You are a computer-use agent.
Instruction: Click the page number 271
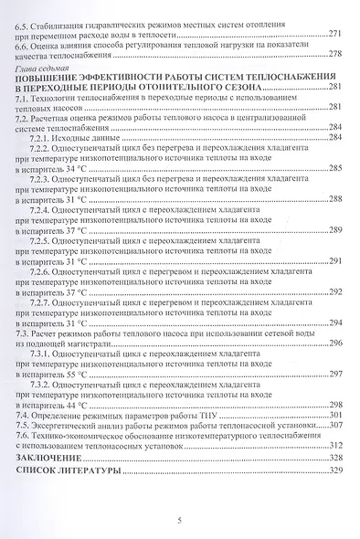pos(334,34)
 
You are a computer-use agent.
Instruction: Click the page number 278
pos(334,55)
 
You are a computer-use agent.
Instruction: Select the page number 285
pos(334,168)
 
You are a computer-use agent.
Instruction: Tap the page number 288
pos(334,198)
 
